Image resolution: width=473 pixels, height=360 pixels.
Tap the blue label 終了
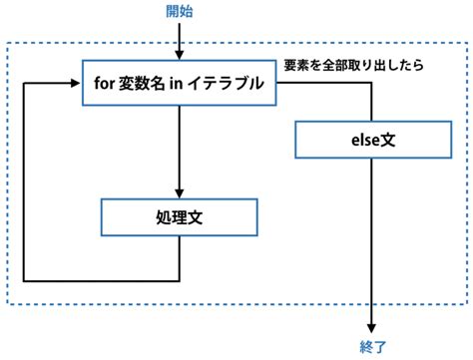(371, 348)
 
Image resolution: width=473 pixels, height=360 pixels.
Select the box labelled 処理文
(180, 215)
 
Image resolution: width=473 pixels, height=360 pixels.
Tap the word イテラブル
(229, 85)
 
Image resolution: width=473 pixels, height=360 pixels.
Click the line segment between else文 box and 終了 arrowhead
(371, 239)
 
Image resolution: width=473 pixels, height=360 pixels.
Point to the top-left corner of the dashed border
(8, 43)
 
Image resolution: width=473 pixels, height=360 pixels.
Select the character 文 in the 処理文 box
(205, 215)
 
